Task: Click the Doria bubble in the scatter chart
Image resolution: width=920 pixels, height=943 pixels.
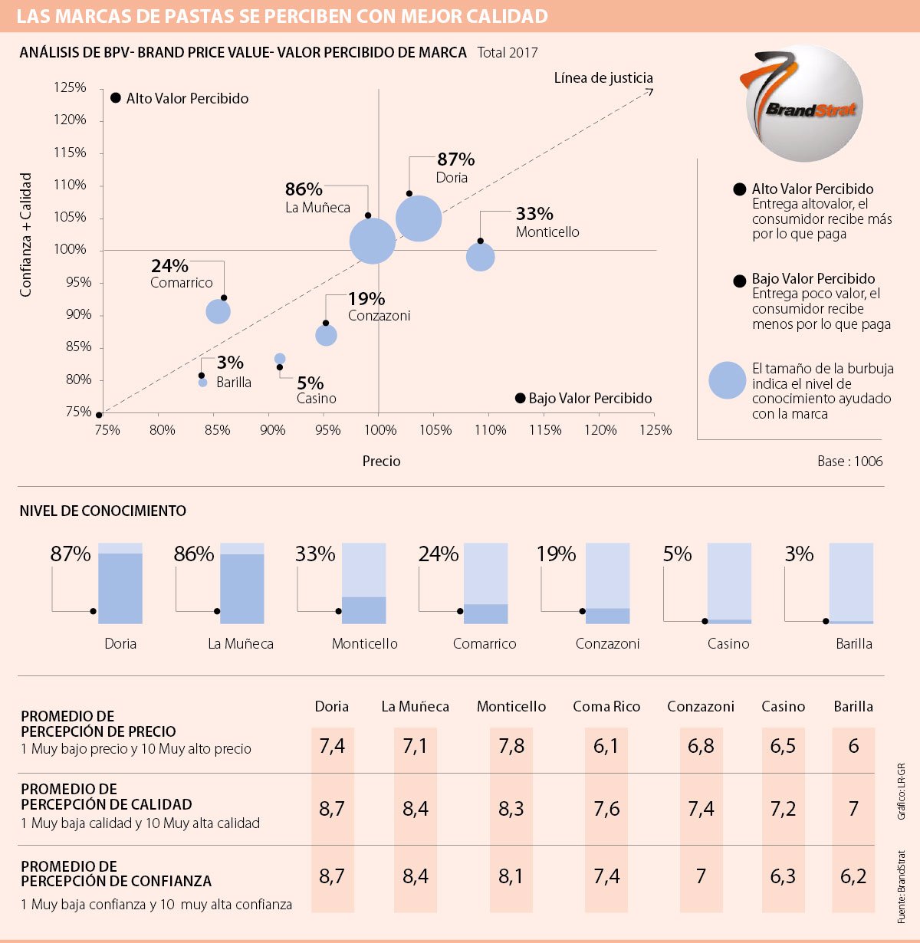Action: pyautogui.click(x=419, y=219)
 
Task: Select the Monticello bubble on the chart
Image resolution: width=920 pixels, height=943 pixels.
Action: pyautogui.click(x=480, y=256)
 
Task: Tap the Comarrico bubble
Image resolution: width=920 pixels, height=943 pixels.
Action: pyautogui.click(x=219, y=311)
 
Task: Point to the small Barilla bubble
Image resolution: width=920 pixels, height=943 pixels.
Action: pyautogui.click(x=202, y=383)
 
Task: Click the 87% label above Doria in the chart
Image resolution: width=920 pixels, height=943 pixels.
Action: pyautogui.click(x=456, y=159)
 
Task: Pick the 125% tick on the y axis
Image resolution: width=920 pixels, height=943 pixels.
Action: pyautogui.click(x=70, y=87)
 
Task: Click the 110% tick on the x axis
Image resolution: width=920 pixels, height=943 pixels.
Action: pyautogui.click(x=490, y=430)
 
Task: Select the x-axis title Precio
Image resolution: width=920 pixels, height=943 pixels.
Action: pyautogui.click(x=381, y=461)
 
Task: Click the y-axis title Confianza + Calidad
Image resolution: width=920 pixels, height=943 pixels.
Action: pyautogui.click(x=26, y=235)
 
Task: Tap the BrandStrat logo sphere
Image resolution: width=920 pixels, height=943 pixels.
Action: pyautogui.click(x=804, y=104)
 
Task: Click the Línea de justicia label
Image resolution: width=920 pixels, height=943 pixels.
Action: pyautogui.click(x=603, y=77)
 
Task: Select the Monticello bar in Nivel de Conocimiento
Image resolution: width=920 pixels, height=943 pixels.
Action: pyautogui.click(x=363, y=583)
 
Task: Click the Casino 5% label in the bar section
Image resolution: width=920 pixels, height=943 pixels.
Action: pyautogui.click(x=677, y=554)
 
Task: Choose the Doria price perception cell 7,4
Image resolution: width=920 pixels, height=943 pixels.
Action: pyautogui.click(x=332, y=746)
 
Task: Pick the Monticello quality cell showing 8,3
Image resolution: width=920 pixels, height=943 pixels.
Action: pyautogui.click(x=511, y=808)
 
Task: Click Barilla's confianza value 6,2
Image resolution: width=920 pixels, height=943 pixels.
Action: pyautogui.click(x=853, y=876)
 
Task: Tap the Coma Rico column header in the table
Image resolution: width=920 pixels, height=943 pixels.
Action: pyautogui.click(x=606, y=706)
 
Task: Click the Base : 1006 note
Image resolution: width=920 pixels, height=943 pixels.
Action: pyautogui.click(x=849, y=461)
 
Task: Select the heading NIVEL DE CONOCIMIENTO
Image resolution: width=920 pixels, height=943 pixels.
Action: pyautogui.click(x=103, y=511)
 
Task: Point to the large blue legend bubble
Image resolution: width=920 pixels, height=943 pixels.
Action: pyautogui.click(x=727, y=380)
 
